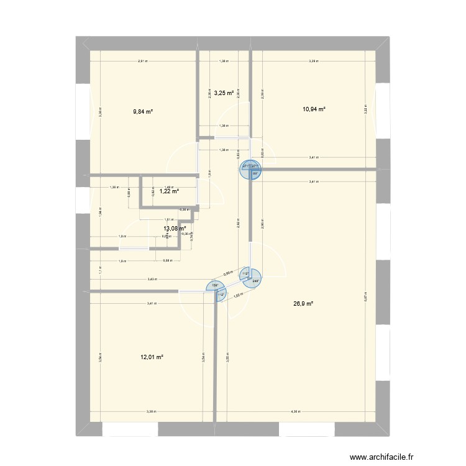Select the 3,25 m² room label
[224, 93]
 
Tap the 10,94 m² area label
[314, 109]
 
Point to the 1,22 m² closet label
[169, 191]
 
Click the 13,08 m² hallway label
[175, 229]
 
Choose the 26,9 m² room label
[303, 304]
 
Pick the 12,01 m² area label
[153, 357]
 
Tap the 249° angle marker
[255, 281]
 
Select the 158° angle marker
[214, 286]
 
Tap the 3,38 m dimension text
[151, 411]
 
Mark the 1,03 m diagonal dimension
[237, 295]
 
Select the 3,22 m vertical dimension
[365, 109]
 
